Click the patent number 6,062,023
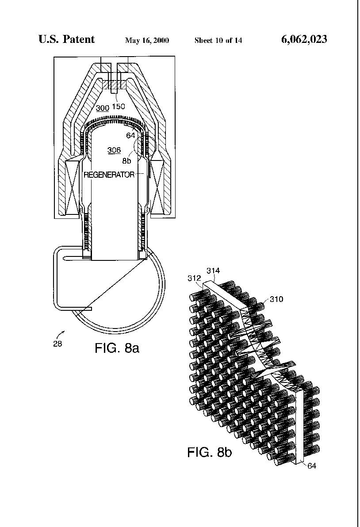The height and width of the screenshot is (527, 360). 304,39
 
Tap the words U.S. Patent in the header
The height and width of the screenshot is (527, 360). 66,39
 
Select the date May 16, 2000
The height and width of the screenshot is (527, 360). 147,41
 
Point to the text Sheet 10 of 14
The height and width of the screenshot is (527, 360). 218,41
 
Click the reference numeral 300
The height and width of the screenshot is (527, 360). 103,108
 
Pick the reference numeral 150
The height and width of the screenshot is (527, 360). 119,107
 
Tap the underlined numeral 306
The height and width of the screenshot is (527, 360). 114,150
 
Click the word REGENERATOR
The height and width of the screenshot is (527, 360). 109,175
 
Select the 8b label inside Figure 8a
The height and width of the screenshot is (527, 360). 127,161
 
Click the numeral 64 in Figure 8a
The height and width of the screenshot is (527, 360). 130,135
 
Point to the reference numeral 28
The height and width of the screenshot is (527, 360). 57,344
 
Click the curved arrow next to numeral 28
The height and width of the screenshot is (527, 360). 61,334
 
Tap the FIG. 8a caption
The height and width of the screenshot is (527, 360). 117,348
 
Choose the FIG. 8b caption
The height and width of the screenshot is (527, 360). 210,452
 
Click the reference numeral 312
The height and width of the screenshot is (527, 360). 194,278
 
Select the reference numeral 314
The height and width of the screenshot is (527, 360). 213,270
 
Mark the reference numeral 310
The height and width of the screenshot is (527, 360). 276,299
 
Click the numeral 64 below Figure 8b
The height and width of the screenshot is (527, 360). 312,466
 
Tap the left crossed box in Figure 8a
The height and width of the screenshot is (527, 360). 72,187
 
